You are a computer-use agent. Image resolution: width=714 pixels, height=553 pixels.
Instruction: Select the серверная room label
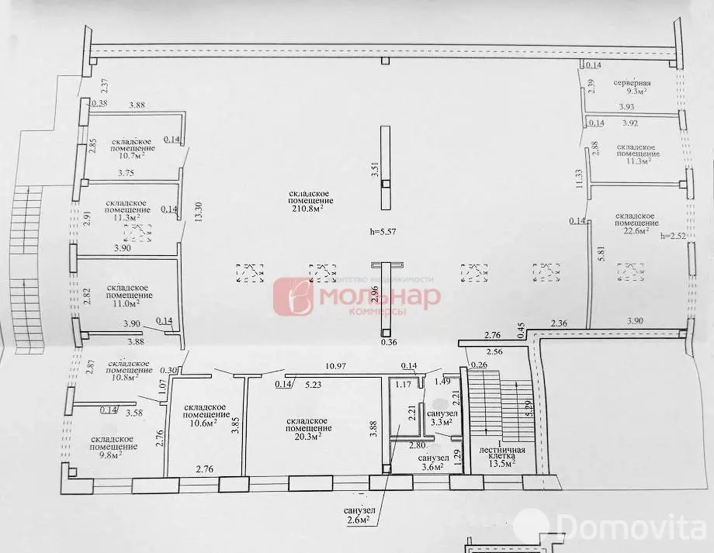click(x=632, y=83)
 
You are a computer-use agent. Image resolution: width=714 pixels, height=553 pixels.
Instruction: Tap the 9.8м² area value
click(x=107, y=455)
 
